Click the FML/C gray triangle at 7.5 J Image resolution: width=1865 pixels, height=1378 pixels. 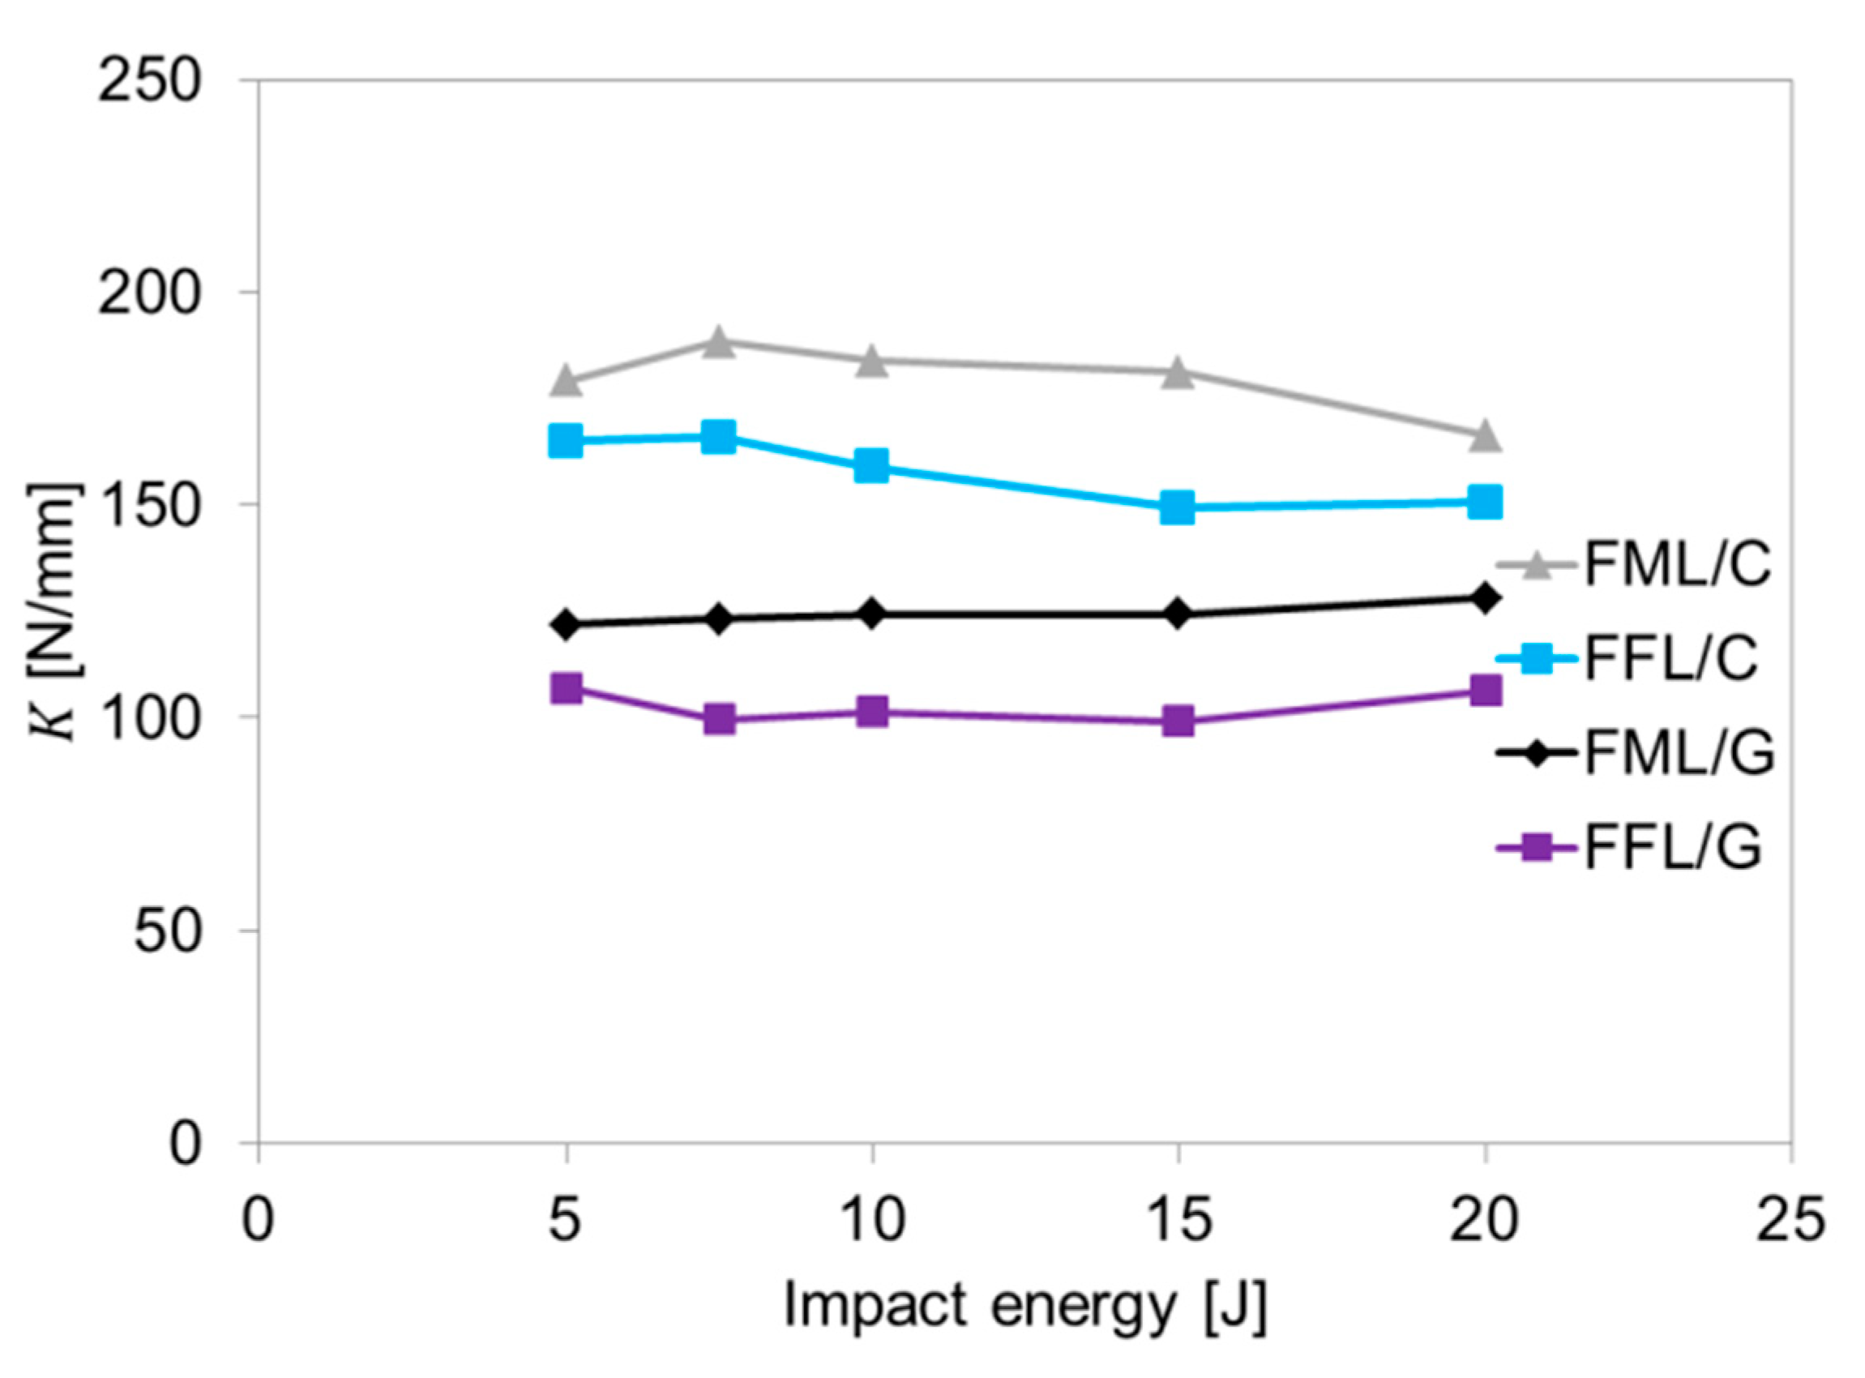(718, 342)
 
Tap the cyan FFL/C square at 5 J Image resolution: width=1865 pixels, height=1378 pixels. (566, 440)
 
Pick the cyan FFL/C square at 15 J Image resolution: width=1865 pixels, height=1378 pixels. (1178, 507)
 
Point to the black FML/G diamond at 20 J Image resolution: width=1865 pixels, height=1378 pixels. (1485, 598)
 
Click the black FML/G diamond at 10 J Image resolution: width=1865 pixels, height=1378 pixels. (871, 614)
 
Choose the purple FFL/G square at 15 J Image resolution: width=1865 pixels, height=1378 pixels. (1178, 721)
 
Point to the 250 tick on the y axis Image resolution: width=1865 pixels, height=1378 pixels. (150, 82)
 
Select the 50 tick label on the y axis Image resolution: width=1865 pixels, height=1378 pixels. (168, 930)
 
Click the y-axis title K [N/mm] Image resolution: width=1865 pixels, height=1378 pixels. (56, 613)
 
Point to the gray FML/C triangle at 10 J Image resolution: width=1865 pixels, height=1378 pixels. (871, 361)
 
